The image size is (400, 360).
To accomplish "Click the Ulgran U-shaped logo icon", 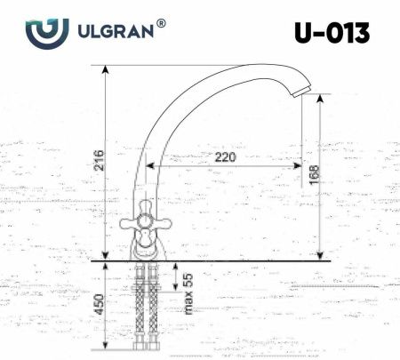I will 46,33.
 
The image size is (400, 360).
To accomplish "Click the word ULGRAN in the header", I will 114,32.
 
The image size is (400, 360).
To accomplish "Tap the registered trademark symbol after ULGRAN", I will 160,25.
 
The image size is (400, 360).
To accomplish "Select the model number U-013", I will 331,33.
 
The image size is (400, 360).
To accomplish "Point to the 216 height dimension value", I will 100,160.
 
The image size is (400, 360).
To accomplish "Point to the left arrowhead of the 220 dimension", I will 149,166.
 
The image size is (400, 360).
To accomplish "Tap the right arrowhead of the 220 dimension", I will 300,166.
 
